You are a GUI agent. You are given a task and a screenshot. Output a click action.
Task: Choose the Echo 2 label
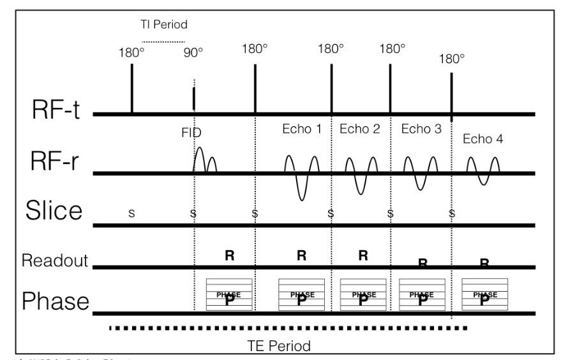point(359,128)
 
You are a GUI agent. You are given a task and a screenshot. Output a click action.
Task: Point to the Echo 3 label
point(421,128)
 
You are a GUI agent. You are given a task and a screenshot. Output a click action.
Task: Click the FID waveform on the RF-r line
point(205,160)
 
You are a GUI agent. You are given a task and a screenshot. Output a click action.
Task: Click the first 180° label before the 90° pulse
point(131,53)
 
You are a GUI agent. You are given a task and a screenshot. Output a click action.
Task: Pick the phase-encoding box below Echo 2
point(363,295)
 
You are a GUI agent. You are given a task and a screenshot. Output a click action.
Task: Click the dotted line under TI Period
point(163,43)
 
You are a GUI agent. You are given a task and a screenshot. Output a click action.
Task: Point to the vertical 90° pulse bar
point(193,100)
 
